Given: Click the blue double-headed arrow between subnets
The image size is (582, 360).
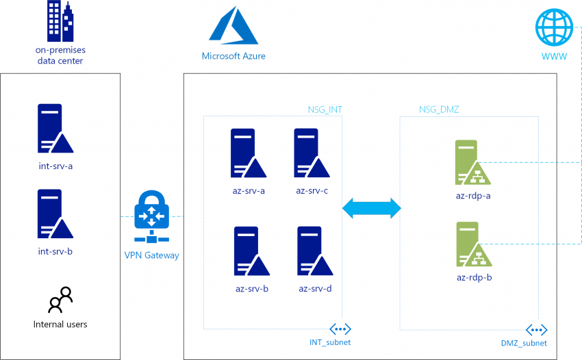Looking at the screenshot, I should coord(371,208).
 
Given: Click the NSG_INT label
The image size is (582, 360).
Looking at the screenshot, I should coord(325,109).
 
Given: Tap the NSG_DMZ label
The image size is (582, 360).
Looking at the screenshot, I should coord(439,109).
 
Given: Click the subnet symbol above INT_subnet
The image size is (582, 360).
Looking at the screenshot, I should coord(340,329).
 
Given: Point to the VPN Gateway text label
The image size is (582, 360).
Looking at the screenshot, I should coord(151,255).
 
